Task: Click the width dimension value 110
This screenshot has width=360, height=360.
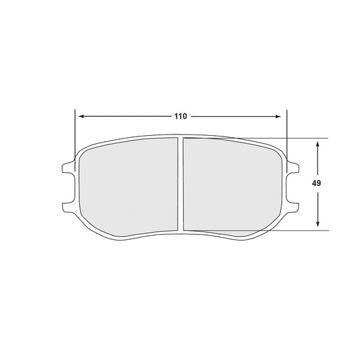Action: tap(180, 116)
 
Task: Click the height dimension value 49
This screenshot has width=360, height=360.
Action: tap(317, 184)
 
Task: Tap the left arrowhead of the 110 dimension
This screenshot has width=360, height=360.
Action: tap(78, 116)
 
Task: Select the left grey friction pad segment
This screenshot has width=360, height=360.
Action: tap(128, 186)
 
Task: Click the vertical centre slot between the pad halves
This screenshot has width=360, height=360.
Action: tap(180, 182)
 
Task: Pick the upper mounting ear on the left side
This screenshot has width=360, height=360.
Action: tap(67, 166)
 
